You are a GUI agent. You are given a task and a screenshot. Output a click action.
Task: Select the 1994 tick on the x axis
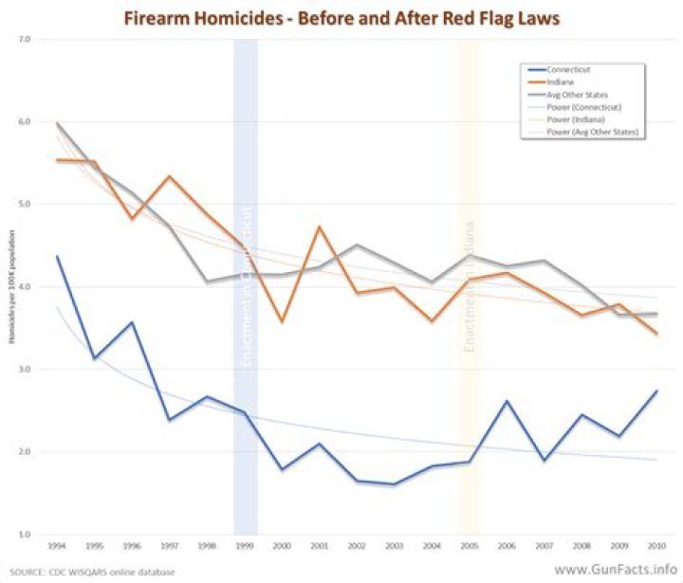[58, 547]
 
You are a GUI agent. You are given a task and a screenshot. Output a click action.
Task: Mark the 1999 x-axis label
[244, 547]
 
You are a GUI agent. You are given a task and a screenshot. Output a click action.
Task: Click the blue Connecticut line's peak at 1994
[58, 256]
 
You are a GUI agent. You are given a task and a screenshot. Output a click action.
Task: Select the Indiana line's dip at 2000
[281, 322]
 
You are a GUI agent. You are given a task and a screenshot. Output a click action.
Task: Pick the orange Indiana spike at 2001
[318, 227]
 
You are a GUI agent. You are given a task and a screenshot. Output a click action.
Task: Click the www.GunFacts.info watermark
[612, 570]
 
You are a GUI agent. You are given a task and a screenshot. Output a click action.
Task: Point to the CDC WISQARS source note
[85, 572]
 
